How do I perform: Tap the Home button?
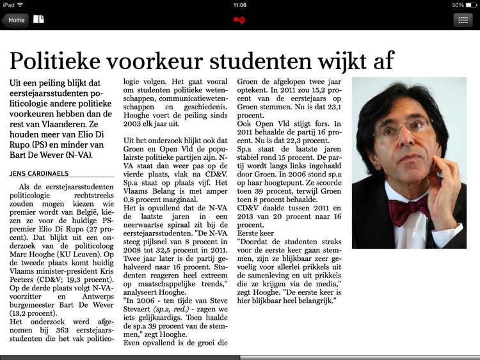tap(15, 20)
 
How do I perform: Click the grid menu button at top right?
tap(463, 20)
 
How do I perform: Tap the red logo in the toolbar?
tap(239, 20)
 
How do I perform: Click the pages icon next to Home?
tap(39, 19)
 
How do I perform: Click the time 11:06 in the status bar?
tap(240, 4)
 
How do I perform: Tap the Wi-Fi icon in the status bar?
tap(20, 4)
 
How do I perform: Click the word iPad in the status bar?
tap(8, 4)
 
